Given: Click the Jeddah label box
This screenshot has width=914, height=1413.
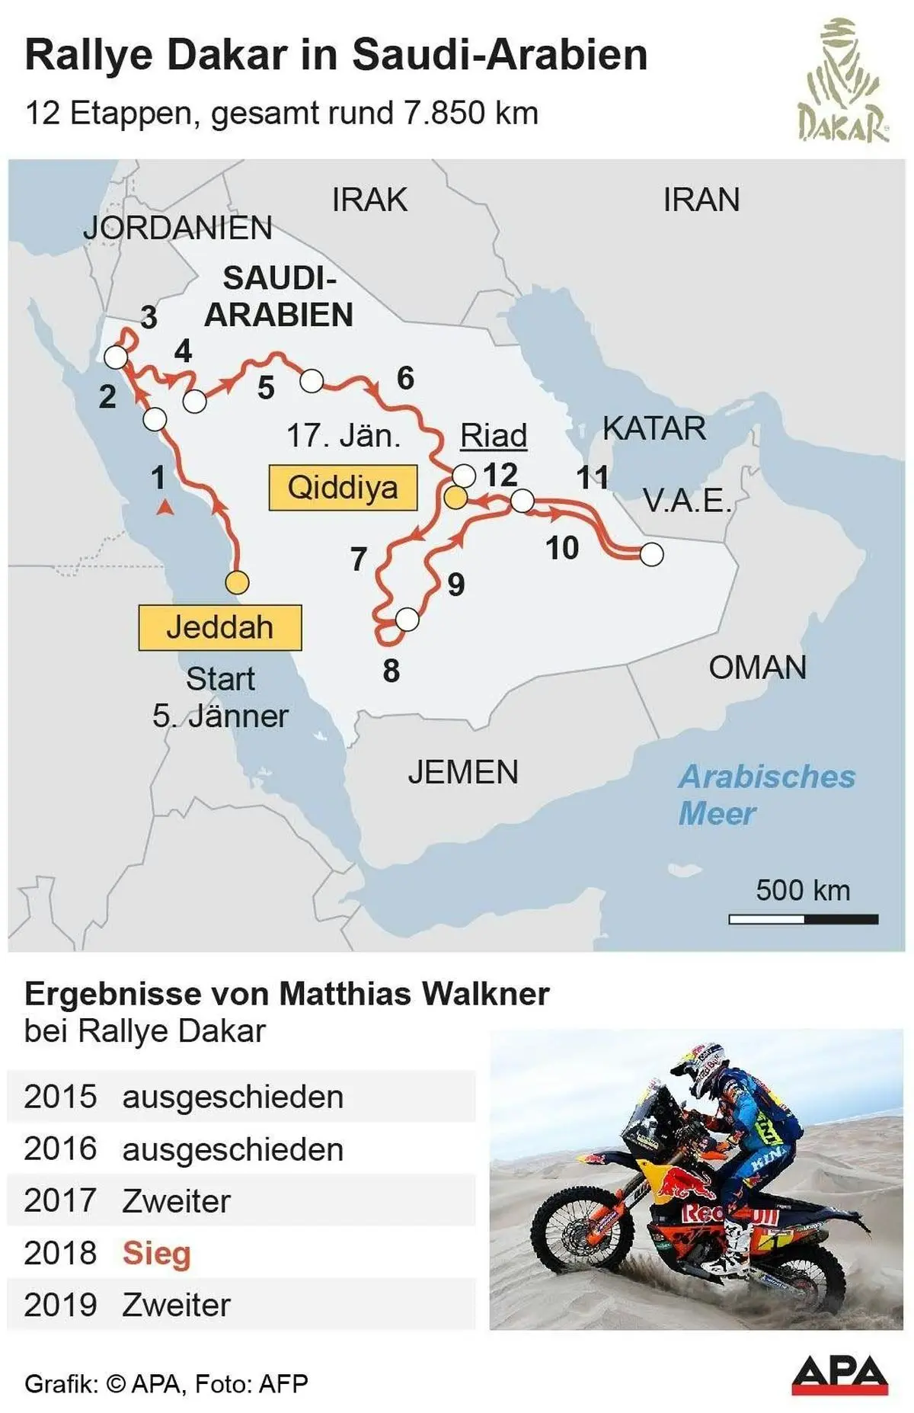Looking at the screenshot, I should pos(219,627).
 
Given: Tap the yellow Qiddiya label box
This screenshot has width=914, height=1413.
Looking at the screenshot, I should pos(343,487).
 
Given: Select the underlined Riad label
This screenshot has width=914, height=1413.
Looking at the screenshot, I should pos(494,436).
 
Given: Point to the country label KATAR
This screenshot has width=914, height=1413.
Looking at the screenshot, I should pos(654,428).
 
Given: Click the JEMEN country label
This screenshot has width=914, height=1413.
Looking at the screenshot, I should pos(462,772).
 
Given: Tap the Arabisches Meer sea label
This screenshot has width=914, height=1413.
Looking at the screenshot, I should pos(765,795).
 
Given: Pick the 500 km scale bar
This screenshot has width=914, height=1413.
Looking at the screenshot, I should pos(803,919).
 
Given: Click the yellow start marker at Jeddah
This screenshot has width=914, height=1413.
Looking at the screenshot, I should pos(237,582).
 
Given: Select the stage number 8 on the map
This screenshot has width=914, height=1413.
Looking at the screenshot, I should pos(391,671).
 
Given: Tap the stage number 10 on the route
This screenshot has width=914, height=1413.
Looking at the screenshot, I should pos(562,548).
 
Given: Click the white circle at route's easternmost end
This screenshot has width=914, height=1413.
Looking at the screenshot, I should pos(651,554).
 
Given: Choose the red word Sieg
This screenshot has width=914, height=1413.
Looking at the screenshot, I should pos(156,1253).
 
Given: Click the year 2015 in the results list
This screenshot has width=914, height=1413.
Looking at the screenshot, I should pos(60,1097).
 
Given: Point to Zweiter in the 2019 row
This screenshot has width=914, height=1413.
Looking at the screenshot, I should pos(176,1305).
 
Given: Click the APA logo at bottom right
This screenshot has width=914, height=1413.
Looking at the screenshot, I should pos(839,1374).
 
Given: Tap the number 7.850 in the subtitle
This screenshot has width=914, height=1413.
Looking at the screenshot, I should pos(444,113).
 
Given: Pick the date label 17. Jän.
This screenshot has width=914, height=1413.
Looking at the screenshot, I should pos(343,436).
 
